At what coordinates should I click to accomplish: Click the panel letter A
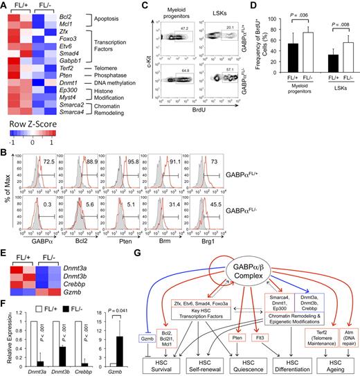point(5,6)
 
